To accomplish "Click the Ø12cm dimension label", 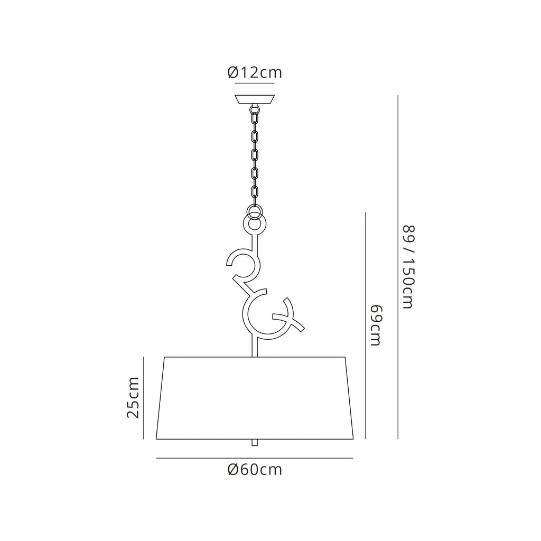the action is tap(255, 72).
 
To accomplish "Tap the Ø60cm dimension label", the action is tap(255, 469).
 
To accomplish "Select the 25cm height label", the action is tap(133, 397).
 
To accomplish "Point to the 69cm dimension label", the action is tap(376, 325).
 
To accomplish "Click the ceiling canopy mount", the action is tap(255, 99).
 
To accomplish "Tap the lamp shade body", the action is tap(255, 398).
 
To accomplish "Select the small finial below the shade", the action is tap(255, 443).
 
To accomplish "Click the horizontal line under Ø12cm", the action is tap(255, 83).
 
